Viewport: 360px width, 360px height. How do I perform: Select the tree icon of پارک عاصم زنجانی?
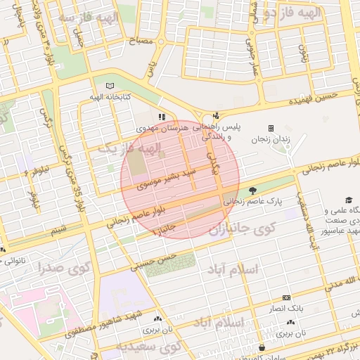click(252, 189)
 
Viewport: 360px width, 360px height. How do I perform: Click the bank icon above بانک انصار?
click(285, 298)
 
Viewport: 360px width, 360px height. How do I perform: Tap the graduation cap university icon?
click(348, 200)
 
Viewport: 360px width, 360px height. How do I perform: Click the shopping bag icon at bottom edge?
click(262, 347)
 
